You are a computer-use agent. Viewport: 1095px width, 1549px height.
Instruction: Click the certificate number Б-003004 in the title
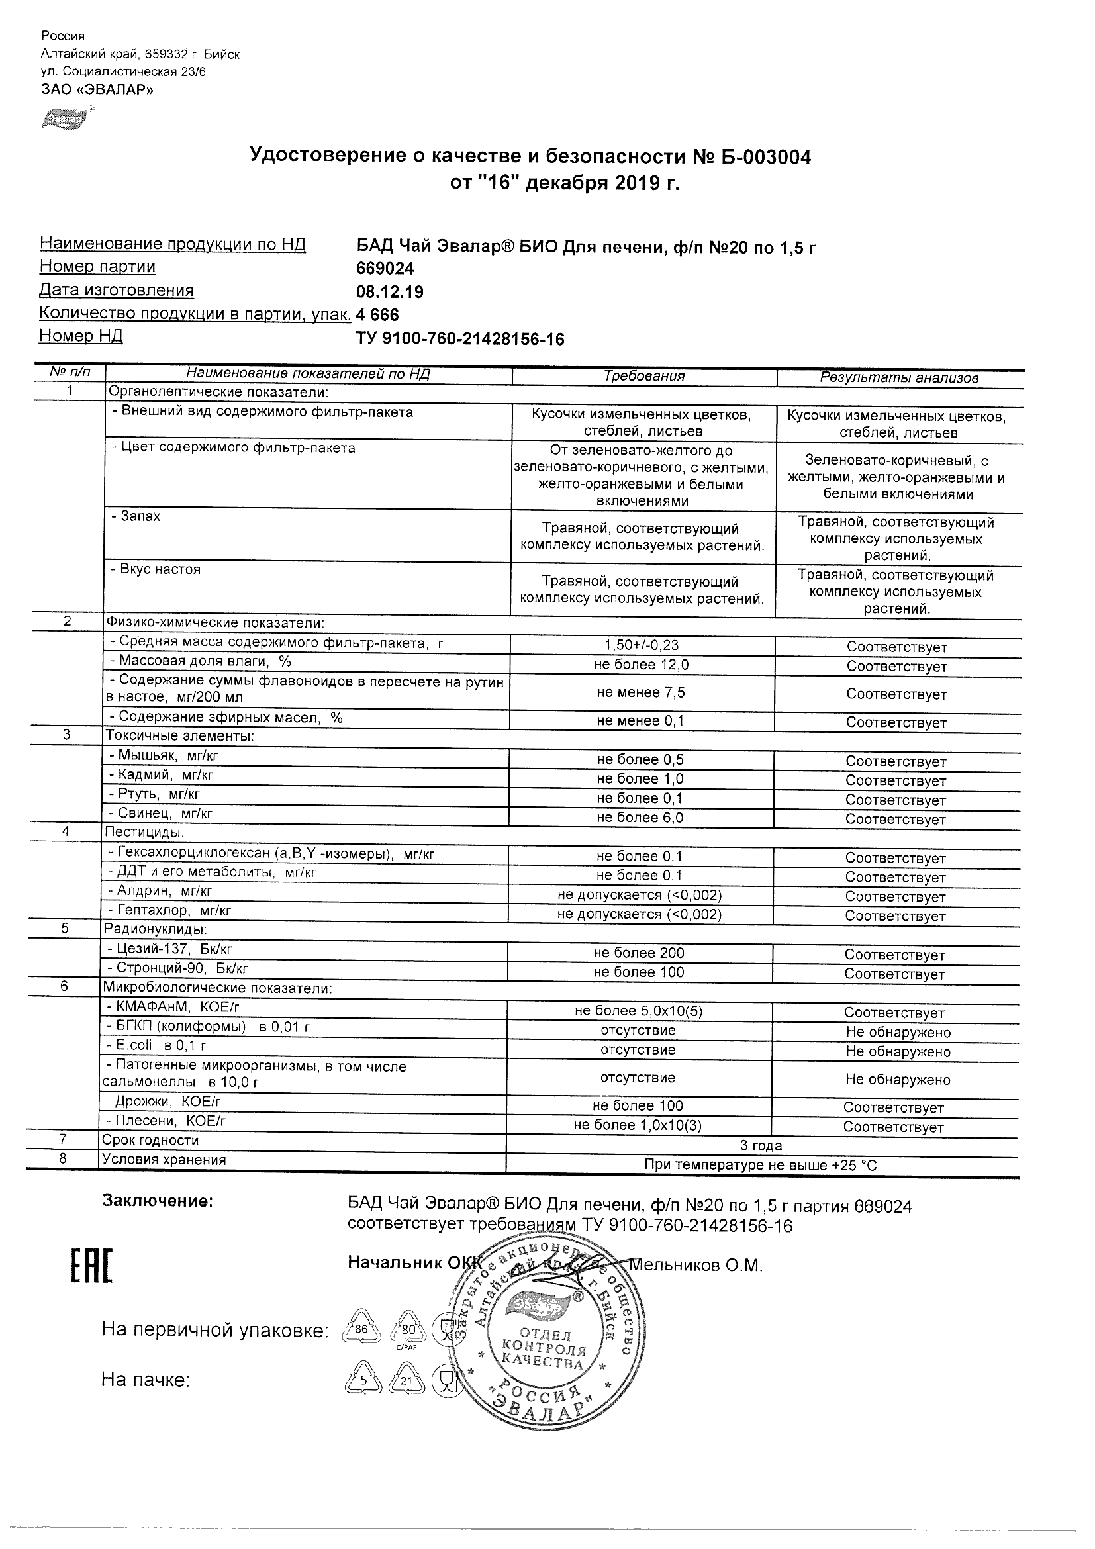(x=765, y=157)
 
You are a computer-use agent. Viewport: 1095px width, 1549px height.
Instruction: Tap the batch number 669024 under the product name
(x=385, y=269)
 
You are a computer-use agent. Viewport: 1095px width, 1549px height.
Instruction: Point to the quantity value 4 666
(x=378, y=315)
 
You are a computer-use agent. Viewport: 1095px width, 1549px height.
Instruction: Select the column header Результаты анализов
(x=898, y=378)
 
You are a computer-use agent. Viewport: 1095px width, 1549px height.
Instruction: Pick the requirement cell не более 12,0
(x=642, y=665)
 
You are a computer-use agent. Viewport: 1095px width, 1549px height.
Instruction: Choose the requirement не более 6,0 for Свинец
(x=640, y=818)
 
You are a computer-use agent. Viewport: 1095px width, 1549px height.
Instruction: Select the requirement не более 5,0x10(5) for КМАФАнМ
(x=639, y=1011)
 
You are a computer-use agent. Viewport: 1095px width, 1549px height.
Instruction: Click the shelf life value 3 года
(x=761, y=1146)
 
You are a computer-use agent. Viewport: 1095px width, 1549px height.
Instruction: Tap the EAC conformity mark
(x=92, y=1266)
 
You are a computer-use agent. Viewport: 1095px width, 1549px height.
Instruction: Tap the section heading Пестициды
(x=143, y=832)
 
